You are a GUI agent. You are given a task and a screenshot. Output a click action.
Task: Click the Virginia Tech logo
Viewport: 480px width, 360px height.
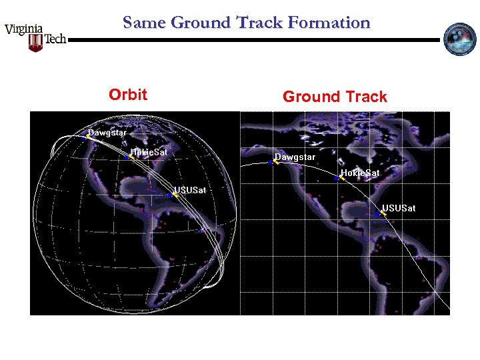tap(35, 37)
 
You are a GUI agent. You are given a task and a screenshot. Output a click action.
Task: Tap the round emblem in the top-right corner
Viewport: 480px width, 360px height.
tap(459, 39)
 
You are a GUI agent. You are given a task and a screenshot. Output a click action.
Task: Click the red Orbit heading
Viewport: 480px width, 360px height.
tap(128, 95)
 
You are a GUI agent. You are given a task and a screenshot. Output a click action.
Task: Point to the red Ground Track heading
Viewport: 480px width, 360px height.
tap(335, 97)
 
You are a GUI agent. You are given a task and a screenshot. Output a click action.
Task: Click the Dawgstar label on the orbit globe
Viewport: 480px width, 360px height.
tap(107, 132)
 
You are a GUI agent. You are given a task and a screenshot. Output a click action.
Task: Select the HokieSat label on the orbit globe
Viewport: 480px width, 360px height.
tap(149, 152)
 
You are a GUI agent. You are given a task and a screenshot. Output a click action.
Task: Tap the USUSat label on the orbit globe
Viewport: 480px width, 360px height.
tap(191, 191)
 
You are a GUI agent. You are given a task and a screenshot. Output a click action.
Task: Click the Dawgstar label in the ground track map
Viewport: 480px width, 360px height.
tap(295, 157)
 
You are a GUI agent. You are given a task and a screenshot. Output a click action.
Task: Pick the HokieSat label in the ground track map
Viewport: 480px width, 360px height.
tap(360, 173)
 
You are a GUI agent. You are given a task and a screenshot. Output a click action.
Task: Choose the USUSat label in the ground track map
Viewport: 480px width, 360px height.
tap(399, 208)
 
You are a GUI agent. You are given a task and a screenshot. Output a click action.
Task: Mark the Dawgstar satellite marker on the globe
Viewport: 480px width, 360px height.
tap(86, 136)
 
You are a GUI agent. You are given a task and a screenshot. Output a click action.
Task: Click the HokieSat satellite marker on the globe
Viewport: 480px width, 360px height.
tap(129, 157)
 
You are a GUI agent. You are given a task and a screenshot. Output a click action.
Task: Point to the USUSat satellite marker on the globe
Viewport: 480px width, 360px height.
tap(172, 195)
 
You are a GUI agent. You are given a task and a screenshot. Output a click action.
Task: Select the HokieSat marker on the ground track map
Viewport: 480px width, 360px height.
tap(339, 177)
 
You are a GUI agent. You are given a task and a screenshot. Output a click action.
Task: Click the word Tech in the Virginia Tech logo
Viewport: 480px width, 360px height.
tap(55, 40)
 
